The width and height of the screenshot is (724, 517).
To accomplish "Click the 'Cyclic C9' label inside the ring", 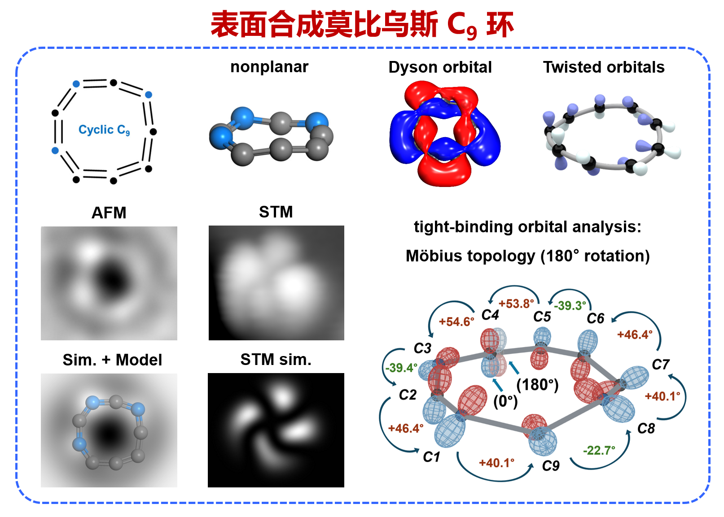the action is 104,130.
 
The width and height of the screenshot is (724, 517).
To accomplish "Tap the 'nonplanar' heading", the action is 269,67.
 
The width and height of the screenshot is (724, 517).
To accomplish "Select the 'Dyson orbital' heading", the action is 440,68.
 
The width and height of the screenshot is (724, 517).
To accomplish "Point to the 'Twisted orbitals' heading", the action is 604,67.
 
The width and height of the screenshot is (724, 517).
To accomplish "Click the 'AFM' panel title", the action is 109,213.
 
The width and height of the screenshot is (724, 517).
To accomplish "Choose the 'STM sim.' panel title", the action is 276,360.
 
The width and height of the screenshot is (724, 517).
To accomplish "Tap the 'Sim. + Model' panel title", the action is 112,360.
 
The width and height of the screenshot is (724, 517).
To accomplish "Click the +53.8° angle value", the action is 516,304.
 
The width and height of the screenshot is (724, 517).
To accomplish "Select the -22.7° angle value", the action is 599,450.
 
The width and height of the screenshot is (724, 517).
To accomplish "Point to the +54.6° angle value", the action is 456,321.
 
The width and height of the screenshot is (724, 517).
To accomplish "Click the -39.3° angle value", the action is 570,305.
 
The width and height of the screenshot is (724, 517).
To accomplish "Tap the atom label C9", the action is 550,466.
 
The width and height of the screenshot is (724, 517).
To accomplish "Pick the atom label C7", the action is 660,365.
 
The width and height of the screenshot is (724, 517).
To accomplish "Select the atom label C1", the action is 431,457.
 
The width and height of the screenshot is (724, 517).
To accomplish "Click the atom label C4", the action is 490,315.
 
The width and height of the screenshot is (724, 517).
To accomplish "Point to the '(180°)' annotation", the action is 537,385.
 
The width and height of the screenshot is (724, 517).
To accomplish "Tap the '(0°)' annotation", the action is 505,401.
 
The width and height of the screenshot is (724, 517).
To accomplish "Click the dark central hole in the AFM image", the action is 112,279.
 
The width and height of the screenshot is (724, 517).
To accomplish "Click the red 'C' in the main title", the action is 456,25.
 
